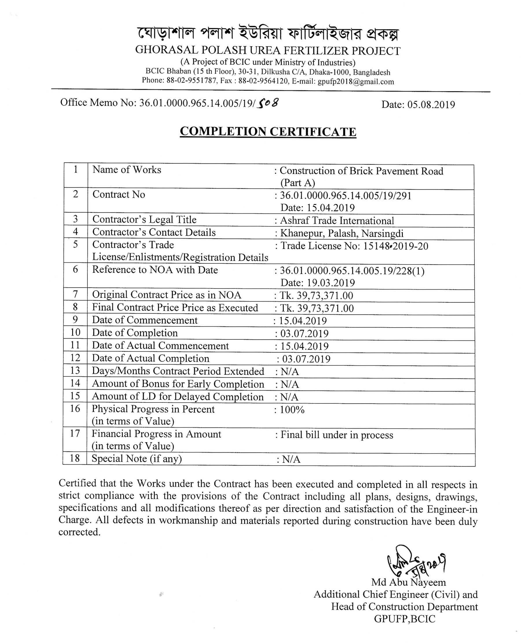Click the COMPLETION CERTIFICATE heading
pyautogui.click(x=268, y=132)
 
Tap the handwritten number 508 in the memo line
pyautogui.click(x=268, y=104)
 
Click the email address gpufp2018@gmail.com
pyautogui.click(x=356, y=82)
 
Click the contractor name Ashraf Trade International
pyautogui.click(x=337, y=221)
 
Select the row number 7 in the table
pyautogui.click(x=75, y=294)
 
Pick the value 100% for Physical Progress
pyautogui.click(x=292, y=410)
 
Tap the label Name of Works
pyautogui.click(x=127, y=170)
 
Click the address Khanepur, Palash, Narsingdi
pyautogui.click(x=342, y=234)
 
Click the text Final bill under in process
pyautogui.click(x=336, y=435)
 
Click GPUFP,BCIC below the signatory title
pyautogui.click(x=404, y=619)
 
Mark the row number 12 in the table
pyautogui.click(x=75, y=358)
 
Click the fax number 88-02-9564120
pyautogui.click(x=263, y=81)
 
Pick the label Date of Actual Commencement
pyautogui.click(x=160, y=346)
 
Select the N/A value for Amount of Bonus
pyautogui.click(x=290, y=385)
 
